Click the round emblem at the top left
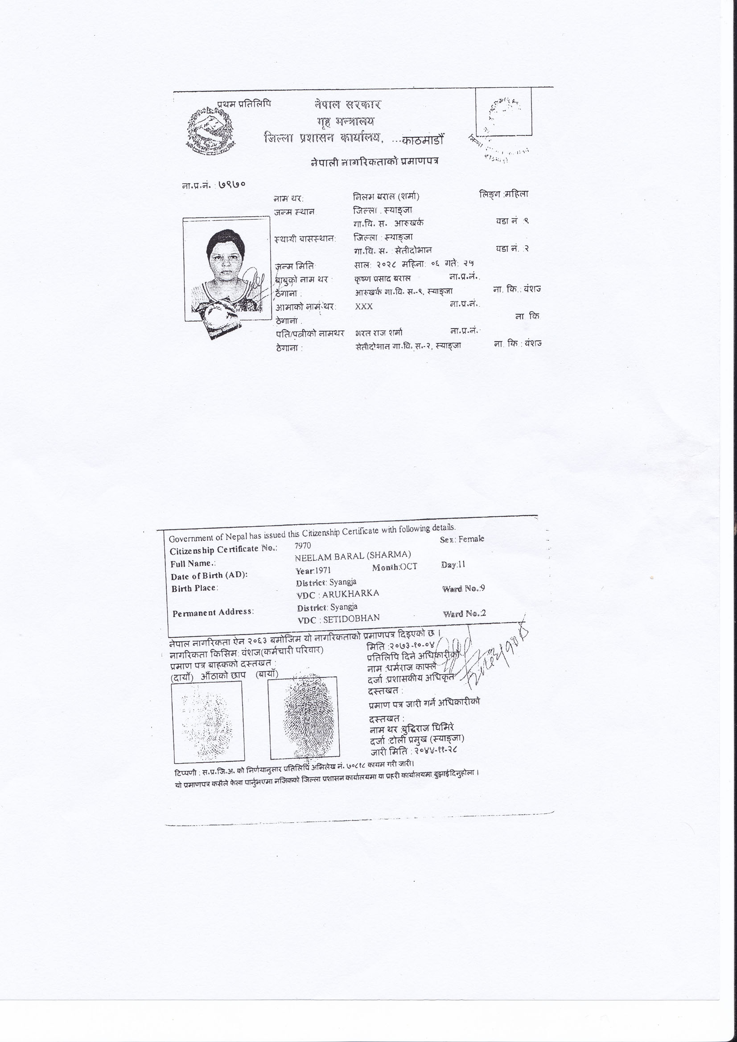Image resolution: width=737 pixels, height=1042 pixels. pyautogui.click(x=211, y=128)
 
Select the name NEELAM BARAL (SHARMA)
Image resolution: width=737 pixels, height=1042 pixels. pyautogui.click(x=353, y=555)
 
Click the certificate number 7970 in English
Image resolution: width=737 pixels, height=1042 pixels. pyautogui.click(x=303, y=545)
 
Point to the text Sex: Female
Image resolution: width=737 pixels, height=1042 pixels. pyautogui.click(x=462, y=539)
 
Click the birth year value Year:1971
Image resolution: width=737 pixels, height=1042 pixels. pyautogui.click(x=313, y=570)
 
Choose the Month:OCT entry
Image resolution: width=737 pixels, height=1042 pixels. pyautogui.click(x=394, y=567)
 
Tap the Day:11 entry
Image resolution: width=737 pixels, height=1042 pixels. pyautogui.click(x=453, y=565)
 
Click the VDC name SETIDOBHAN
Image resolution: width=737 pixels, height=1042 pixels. pyautogui.click(x=351, y=618)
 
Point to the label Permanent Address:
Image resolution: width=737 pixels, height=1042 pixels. pyautogui.click(x=213, y=612)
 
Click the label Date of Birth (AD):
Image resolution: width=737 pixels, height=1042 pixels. pyautogui.click(x=210, y=575)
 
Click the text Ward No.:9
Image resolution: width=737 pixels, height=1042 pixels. pyautogui.click(x=464, y=589)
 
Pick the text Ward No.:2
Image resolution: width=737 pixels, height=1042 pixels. pyautogui.click(x=464, y=614)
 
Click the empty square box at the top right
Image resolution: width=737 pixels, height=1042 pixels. pyautogui.click(x=503, y=111)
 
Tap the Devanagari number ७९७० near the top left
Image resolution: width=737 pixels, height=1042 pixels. pyautogui.click(x=232, y=184)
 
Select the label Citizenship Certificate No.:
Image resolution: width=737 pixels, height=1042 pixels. pyautogui.click(x=223, y=550)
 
